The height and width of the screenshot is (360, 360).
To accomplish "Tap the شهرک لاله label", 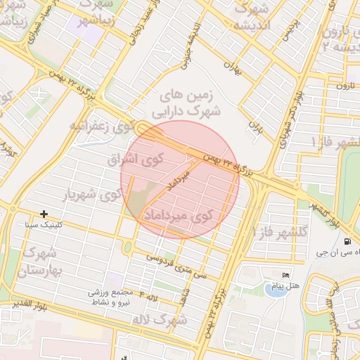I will click(x=169, y=321).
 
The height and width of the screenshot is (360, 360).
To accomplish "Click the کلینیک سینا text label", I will click(x=44, y=226).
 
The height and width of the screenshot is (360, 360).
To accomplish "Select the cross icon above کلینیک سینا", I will click(x=44, y=214).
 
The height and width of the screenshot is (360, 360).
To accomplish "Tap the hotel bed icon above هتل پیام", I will click(x=285, y=274).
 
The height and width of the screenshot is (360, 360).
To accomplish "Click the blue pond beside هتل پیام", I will click(x=274, y=288).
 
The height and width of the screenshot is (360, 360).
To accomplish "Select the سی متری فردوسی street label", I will click(x=176, y=266).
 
